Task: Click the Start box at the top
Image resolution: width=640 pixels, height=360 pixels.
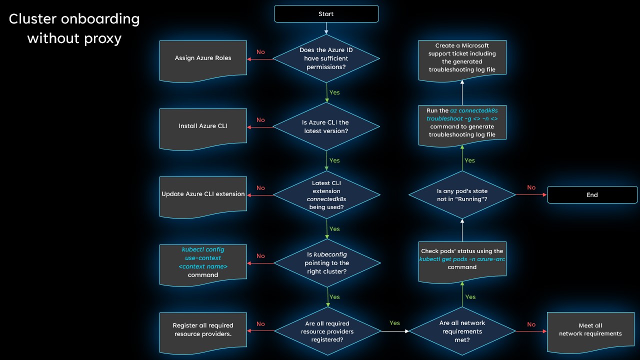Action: coord(326,14)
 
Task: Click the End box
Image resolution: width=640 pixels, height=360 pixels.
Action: coord(592,195)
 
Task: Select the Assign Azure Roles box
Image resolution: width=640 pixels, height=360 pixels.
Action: coord(203,58)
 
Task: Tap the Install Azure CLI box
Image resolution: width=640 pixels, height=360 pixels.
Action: coord(203,126)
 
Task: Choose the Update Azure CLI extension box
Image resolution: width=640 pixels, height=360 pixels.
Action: coord(203,194)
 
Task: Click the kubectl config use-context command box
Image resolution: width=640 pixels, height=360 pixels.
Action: coord(203,262)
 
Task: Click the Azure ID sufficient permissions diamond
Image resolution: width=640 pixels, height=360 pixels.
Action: coord(326,58)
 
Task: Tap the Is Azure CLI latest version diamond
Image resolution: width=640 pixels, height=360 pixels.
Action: coord(326,126)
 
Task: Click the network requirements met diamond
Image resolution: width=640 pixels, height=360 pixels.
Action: coord(462,331)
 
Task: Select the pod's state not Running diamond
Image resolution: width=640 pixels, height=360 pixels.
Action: coord(462,195)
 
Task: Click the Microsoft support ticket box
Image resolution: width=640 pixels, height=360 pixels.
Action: coord(462,58)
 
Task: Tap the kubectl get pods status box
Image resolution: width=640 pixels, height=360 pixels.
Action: coord(462,259)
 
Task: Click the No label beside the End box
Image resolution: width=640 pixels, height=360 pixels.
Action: coord(531,187)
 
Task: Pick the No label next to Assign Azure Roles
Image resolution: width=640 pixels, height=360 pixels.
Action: coord(260,52)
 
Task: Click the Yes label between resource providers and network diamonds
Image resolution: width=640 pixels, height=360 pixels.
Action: coord(394,323)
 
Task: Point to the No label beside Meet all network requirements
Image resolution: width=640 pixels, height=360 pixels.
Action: coord(531,324)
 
